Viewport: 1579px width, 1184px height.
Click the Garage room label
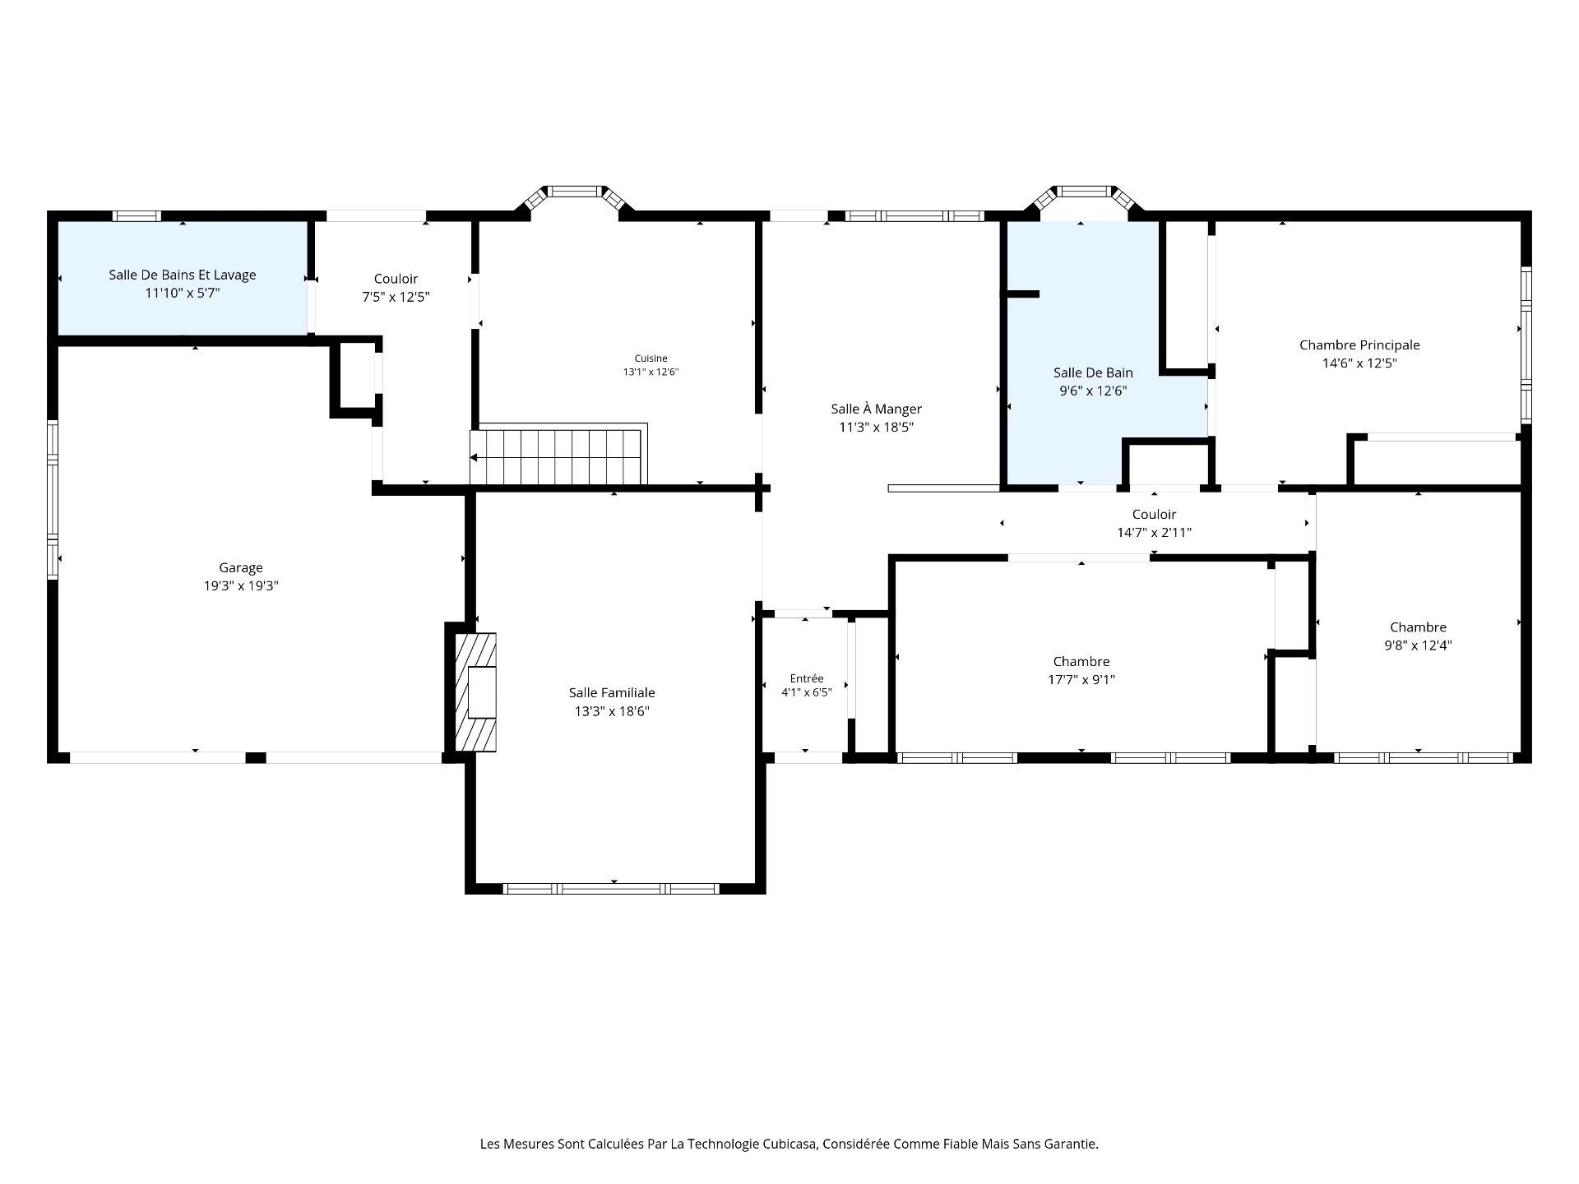pyautogui.click(x=241, y=567)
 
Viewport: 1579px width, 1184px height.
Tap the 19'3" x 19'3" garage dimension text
pyautogui.click(x=241, y=586)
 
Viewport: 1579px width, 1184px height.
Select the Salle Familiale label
pyautogui.click(x=612, y=693)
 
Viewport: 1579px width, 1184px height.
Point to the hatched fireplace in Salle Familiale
pyautogui.click(x=476, y=691)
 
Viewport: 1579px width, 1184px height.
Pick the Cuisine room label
pyautogui.click(x=651, y=358)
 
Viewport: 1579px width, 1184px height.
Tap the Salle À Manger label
pyautogui.click(x=876, y=409)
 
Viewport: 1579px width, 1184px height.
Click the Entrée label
pyautogui.click(x=806, y=678)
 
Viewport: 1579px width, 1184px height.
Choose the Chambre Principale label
pyautogui.click(x=1359, y=345)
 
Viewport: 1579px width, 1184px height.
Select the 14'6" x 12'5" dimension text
pyautogui.click(x=1359, y=363)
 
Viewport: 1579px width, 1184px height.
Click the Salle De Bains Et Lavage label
pyautogui.click(x=183, y=275)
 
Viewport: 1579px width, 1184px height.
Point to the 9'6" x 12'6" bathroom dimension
pyautogui.click(x=1093, y=391)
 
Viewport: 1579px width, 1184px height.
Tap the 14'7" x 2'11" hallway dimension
pyautogui.click(x=1154, y=533)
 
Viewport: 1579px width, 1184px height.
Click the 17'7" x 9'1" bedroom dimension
pyautogui.click(x=1081, y=680)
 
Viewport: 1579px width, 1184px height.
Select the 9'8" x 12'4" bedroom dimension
pyautogui.click(x=1418, y=645)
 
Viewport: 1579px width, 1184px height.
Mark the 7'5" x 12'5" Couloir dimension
pyautogui.click(x=396, y=297)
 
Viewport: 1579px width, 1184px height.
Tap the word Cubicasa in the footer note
pyautogui.click(x=789, y=1144)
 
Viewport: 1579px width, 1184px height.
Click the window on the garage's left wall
pyautogui.click(x=53, y=499)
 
